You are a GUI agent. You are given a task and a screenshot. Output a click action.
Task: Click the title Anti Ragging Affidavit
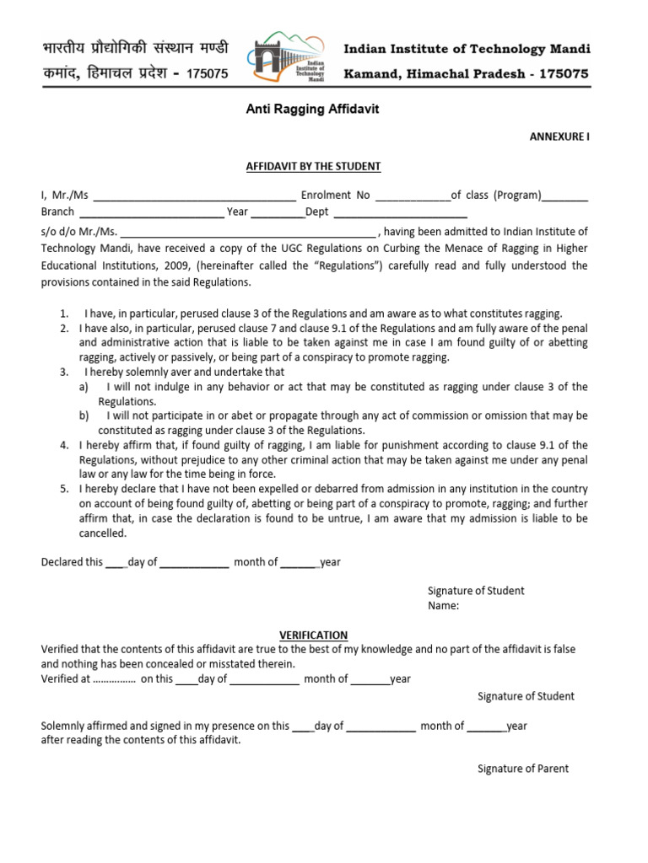click(x=294, y=110)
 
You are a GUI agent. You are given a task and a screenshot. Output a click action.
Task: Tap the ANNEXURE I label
click(x=559, y=137)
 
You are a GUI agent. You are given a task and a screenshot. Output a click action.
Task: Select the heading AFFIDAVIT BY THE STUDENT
click(x=313, y=166)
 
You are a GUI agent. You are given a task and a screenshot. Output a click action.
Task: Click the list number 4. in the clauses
click(x=64, y=445)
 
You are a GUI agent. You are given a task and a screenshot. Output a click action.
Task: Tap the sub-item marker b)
click(x=84, y=415)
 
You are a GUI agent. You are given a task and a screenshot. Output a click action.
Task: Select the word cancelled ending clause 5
click(x=103, y=533)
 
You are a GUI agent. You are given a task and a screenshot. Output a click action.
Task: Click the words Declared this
click(x=72, y=562)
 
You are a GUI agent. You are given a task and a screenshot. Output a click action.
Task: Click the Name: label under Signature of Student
click(x=443, y=605)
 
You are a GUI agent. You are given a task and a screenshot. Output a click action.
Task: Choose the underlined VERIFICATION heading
click(x=313, y=635)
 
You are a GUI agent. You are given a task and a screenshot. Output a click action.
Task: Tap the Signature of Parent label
click(x=523, y=769)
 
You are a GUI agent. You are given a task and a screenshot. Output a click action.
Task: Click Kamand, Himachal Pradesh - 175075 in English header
click(x=466, y=74)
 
